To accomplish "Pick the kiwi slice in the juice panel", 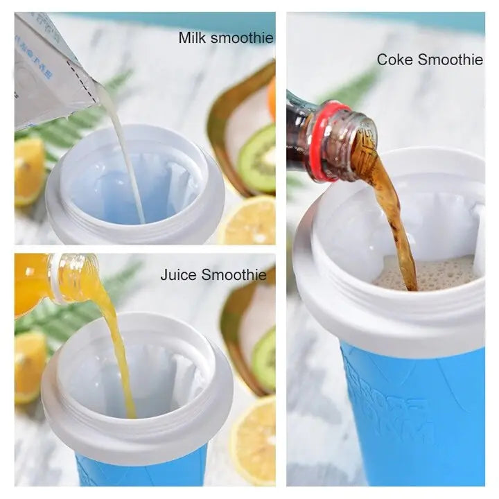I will [265, 360].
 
